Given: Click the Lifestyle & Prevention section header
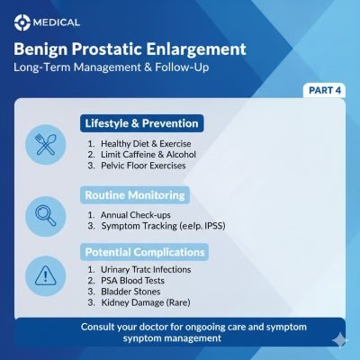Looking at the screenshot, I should (141, 122).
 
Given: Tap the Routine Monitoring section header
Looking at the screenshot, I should (136, 194).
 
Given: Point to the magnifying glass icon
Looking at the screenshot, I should (44, 214).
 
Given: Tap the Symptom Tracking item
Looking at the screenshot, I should (157, 228).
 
